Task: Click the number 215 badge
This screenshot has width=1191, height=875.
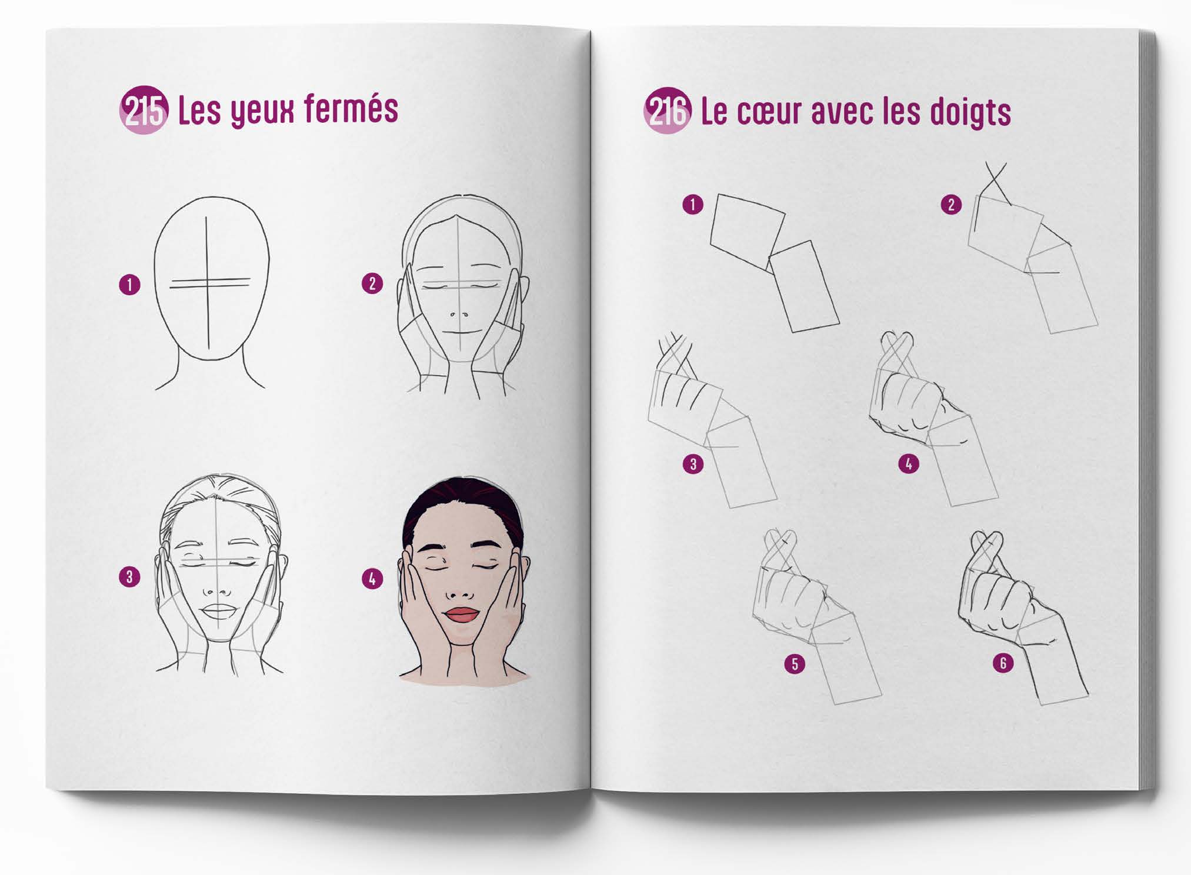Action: click(x=144, y=110)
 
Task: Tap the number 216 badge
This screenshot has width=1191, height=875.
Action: click(x=668, y=111)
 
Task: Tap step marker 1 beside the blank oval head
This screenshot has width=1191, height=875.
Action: click(x=129, y=285)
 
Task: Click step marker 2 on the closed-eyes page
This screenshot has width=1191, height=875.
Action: click(x=372, y=284)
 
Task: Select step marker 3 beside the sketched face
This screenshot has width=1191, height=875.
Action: click(x=129, y=577)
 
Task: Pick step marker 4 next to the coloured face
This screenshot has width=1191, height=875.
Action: click(x=372, y=579)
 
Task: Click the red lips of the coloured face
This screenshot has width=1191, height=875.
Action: click(x=462, y=615)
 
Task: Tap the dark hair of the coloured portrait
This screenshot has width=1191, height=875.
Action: click(x=462, y=500)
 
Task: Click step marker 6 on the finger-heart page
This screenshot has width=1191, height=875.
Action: click(x=1003, y=663)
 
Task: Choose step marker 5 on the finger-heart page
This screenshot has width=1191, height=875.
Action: click(x=795, y=664)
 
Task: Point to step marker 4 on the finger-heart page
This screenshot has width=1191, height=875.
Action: click(x=909, y=464)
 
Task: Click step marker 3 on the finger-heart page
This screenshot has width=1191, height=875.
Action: click(x=693, y=464)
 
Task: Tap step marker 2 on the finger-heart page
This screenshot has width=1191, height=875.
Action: click(x=951, y=205)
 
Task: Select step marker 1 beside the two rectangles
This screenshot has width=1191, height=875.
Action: click(x=693, y=205)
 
